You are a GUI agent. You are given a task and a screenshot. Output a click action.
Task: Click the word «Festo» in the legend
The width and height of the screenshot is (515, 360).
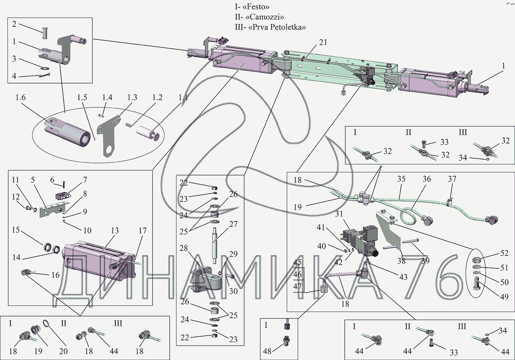click(255, 7)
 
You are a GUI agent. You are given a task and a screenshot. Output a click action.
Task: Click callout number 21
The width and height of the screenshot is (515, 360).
click(323, 42)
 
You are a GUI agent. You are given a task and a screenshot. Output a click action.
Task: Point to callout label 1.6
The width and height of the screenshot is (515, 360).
click(21, 97)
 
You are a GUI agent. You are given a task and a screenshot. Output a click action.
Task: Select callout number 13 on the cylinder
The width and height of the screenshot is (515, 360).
click(114, 230)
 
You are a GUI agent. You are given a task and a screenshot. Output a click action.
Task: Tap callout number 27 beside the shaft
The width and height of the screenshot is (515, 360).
click(233, 224)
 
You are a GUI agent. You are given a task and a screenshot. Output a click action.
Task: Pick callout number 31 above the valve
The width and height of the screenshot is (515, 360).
click(339, 214)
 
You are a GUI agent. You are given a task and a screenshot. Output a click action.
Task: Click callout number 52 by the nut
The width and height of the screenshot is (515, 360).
click(504, 253)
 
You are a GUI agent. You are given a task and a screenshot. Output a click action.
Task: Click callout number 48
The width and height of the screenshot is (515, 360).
click(267, 351)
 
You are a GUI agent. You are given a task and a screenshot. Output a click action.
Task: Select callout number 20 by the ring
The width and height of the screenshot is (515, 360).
click(64, 351)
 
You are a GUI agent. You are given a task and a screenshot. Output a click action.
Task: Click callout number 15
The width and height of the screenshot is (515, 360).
click(16, 230)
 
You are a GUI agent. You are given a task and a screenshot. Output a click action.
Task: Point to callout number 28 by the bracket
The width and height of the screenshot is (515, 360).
click(183, 248)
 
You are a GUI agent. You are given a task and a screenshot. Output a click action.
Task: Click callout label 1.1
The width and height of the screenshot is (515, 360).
click(183, 97)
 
